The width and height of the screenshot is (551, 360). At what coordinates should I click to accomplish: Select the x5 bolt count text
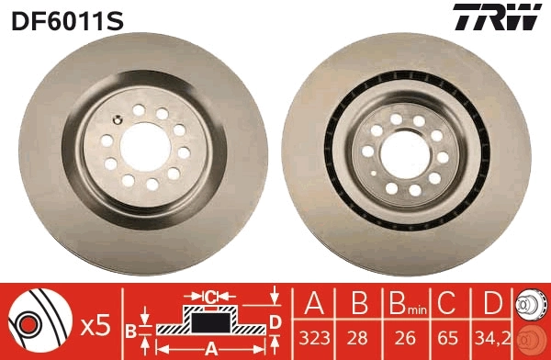96,325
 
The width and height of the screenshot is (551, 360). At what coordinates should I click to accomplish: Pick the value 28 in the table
355,337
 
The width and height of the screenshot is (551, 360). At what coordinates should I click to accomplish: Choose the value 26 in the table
398,337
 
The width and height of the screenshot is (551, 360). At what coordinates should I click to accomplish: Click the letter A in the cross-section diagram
211,347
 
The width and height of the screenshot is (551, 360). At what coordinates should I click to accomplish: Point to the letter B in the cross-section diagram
130,330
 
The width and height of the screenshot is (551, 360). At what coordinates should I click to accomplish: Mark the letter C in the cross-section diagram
210,296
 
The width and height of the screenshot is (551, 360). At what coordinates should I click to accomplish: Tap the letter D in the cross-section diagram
275,320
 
